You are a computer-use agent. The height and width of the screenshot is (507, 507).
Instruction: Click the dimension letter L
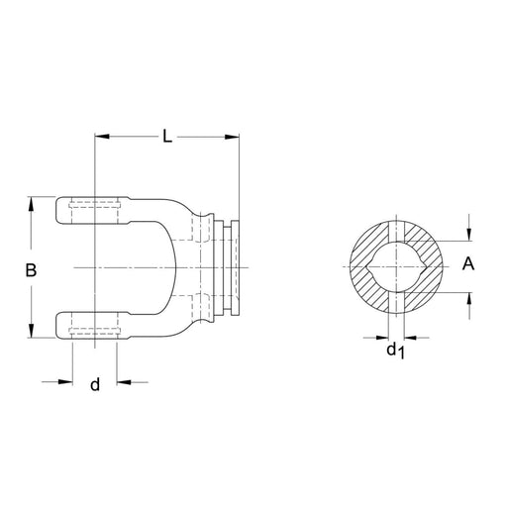[x=167, y=138]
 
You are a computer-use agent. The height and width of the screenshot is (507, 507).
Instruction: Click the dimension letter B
[x=31, y=269]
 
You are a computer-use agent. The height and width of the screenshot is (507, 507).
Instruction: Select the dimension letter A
[x=469, y=263]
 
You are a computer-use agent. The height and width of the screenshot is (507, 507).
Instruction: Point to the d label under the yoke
[x=95, y=384]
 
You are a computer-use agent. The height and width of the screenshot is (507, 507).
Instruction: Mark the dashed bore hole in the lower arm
[x=95, y=325]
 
